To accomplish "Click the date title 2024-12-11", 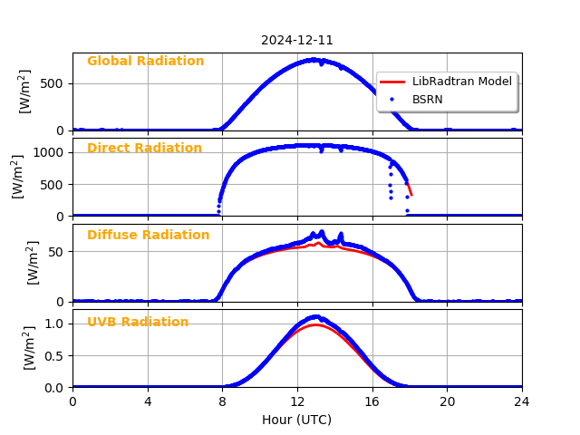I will pos(297,41).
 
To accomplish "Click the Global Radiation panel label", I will pos(145,62).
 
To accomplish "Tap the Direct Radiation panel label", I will pos(144,149).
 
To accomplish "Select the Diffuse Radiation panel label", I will pos(148,236).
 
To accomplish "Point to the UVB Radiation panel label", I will pos(138,323).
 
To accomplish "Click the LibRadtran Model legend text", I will pos(462,82).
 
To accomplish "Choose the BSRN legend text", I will pos(428,100).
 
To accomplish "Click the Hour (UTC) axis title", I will pos(297,420).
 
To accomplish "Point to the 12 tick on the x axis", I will pos(297,401).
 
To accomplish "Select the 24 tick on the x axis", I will pos(522,401).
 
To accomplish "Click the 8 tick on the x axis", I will pos(222,401).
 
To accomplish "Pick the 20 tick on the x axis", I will pos(447,401).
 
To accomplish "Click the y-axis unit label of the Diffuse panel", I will pos(33,263).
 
